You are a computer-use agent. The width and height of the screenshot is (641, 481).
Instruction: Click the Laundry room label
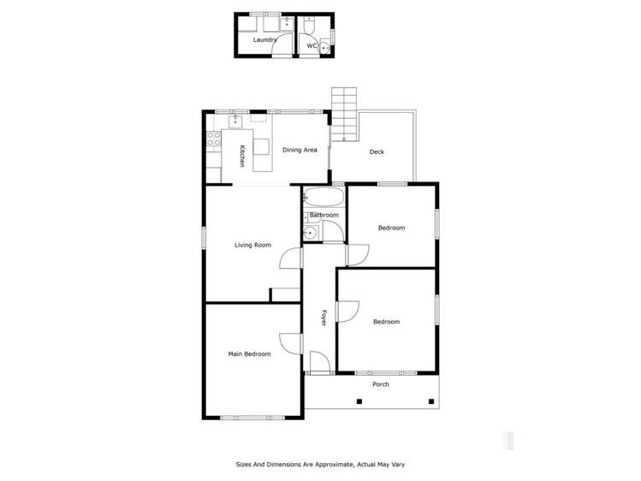[x=264, y=39]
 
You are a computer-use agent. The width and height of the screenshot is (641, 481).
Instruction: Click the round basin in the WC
[x=326, y=50]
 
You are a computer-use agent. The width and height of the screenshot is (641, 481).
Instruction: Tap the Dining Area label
[x=300, y=150]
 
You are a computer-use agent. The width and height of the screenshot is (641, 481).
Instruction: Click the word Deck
[x=377, y=152]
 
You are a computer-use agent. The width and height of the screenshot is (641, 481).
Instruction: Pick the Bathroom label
[x=324, y=215]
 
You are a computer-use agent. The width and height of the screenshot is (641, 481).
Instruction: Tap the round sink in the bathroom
[x=311, y=231]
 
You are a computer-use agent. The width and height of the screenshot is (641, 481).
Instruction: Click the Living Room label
[x=252, y=245]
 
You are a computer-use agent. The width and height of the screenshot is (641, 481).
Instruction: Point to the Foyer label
[x=323, y=317]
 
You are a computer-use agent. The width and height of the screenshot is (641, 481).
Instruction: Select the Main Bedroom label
[x=249, y=353]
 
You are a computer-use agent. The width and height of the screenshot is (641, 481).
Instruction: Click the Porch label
[x=381, y=384]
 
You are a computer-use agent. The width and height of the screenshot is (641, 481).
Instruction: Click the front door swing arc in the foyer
[x=319, y=362]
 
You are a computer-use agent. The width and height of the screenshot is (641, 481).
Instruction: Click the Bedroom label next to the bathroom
[x=391, y=228]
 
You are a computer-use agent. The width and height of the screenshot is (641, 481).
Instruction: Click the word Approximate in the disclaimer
[x=330, y=464]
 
